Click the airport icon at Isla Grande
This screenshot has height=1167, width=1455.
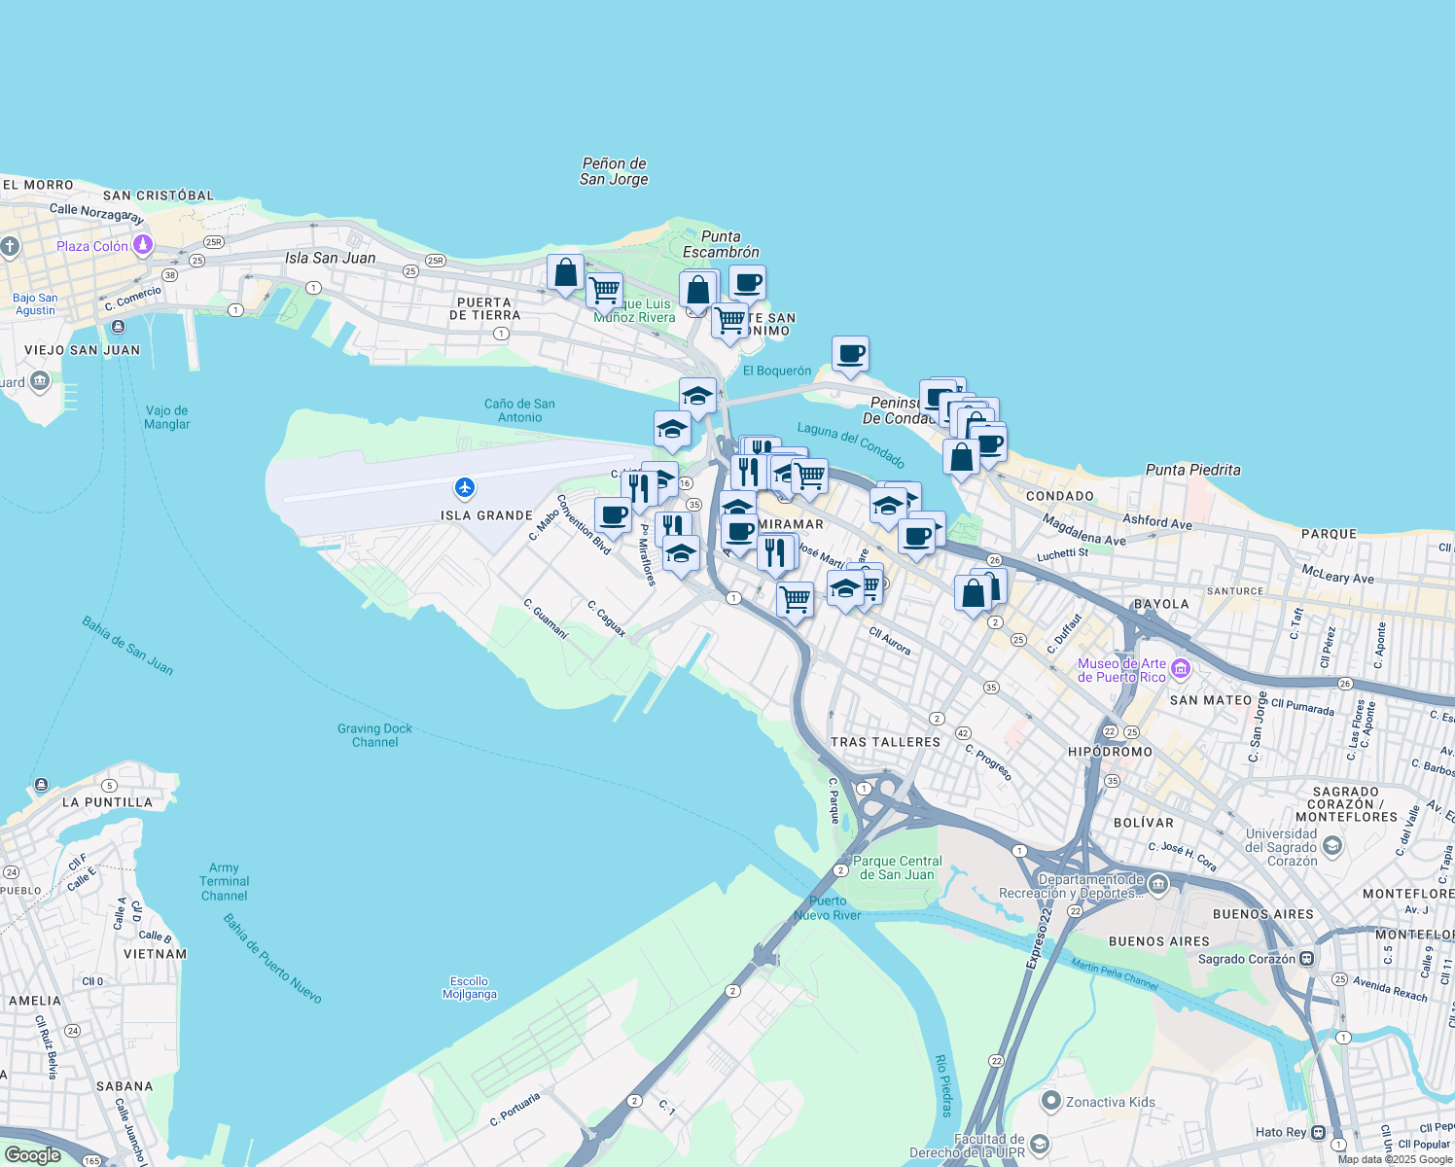[x=465, y=487]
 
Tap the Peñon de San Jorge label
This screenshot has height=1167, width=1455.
[x=614, y=171]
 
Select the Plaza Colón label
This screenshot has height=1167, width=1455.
[x=92, y=246]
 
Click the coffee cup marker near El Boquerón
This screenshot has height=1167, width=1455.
[x=850, y=354]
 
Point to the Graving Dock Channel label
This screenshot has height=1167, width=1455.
[x=374, y=735]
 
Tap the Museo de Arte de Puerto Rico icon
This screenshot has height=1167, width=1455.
[x=1181, y=668]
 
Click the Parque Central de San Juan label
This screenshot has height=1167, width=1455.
[x=897, y=867]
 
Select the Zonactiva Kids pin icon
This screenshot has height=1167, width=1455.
[x=1050, y=1101]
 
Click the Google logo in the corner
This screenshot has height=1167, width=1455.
[x=32, y=1155]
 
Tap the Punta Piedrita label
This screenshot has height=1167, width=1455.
[x=1192, y=470]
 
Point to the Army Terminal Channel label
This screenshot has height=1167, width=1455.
[x=224, y=882]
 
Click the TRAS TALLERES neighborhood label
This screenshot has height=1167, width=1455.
[x=885, y=742]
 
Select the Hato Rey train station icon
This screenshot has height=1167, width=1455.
[x=1318, y=1132]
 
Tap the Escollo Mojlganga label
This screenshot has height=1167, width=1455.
[x=470, y=988]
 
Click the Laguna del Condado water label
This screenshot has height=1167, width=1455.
[x=851, y=444]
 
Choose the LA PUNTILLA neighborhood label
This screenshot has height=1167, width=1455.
[x=107, y=802]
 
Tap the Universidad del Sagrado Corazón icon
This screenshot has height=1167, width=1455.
[x=1332, y=846]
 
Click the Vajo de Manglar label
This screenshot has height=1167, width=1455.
[x=167, y=417]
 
